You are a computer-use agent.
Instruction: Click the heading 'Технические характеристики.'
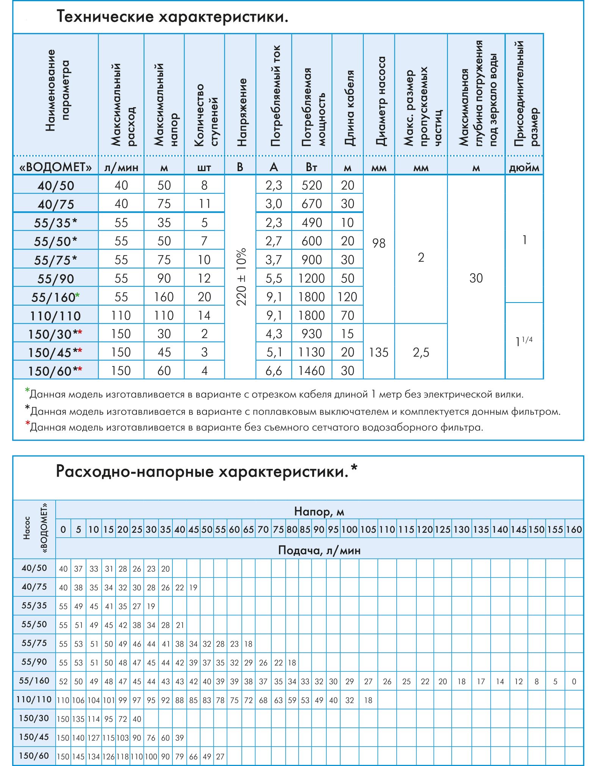tap(172, 17)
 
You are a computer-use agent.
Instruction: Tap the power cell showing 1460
tap(311, 370)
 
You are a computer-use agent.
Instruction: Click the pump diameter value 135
tap(379, 352)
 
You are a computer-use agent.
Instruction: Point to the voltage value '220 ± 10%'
tap(241, 277)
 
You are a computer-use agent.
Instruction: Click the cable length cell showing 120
tap(347, 297)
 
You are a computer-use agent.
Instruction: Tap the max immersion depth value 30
tap(476, 278)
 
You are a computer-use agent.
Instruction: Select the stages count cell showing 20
tap(204, 297)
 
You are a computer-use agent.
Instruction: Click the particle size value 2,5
tap(421, 352)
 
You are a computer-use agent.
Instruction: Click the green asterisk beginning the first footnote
tap(27, 390)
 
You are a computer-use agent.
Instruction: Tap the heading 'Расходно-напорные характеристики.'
tap(202, 472)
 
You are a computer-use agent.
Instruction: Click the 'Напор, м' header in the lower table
tap(319, 512)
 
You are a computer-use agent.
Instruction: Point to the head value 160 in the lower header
tap(574, 529)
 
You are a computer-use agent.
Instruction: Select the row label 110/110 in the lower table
tap(34, 699)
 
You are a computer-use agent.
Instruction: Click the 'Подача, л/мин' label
tap(319, 550)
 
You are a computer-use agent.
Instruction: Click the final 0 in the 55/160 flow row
tap(574, 682)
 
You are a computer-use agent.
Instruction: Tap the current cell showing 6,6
tap(274, 370)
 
